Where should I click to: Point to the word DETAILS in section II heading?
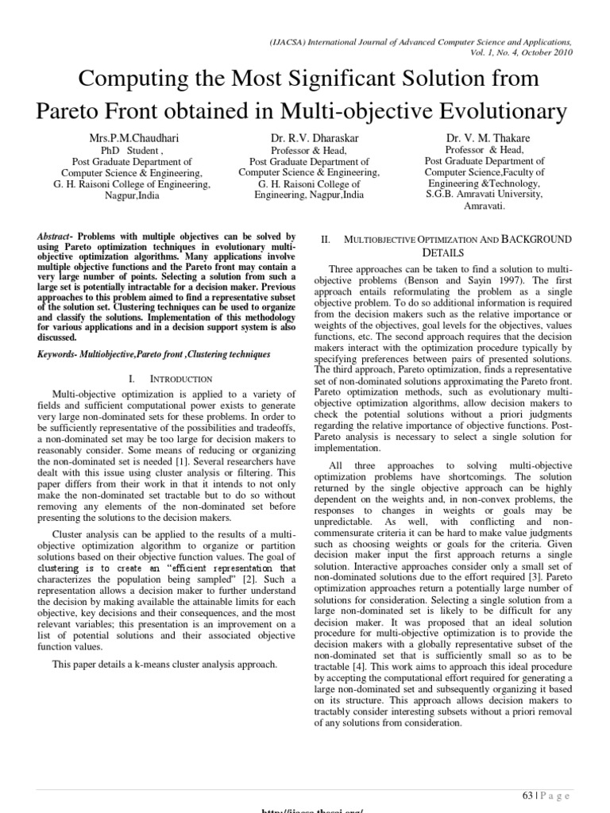click(442, 252)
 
